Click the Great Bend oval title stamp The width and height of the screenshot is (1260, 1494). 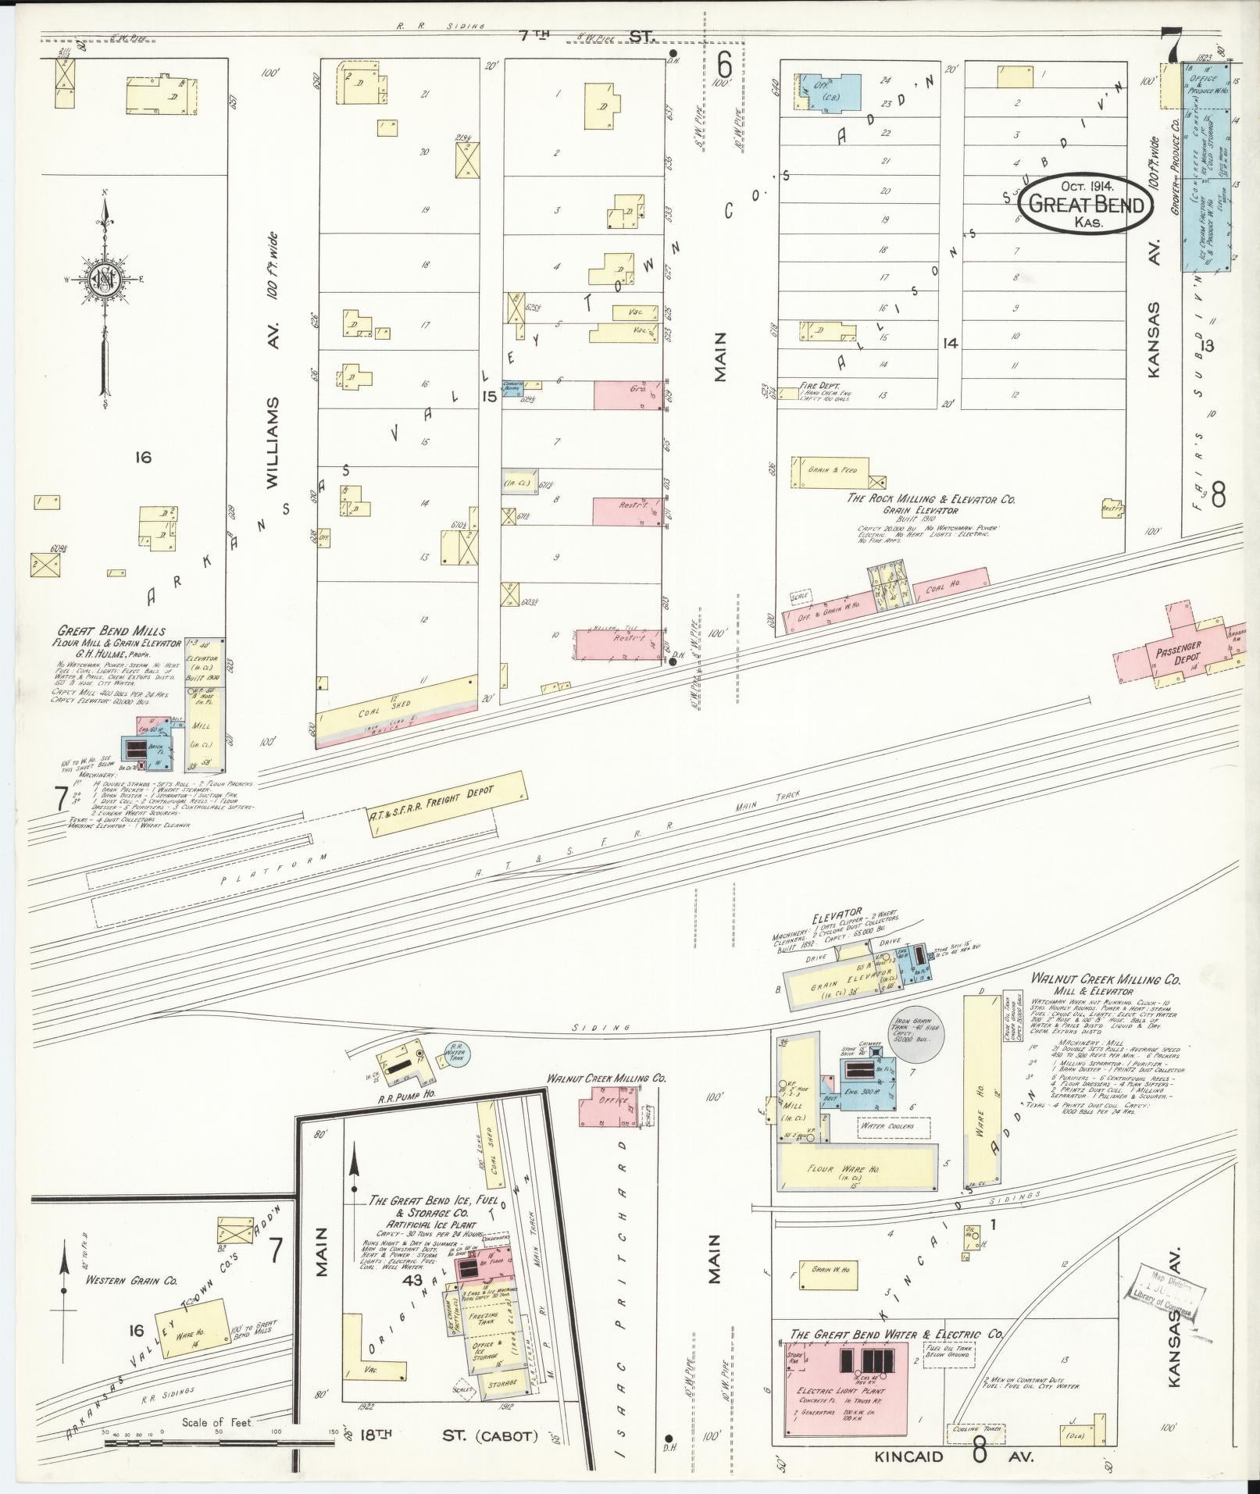[1085, 203]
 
